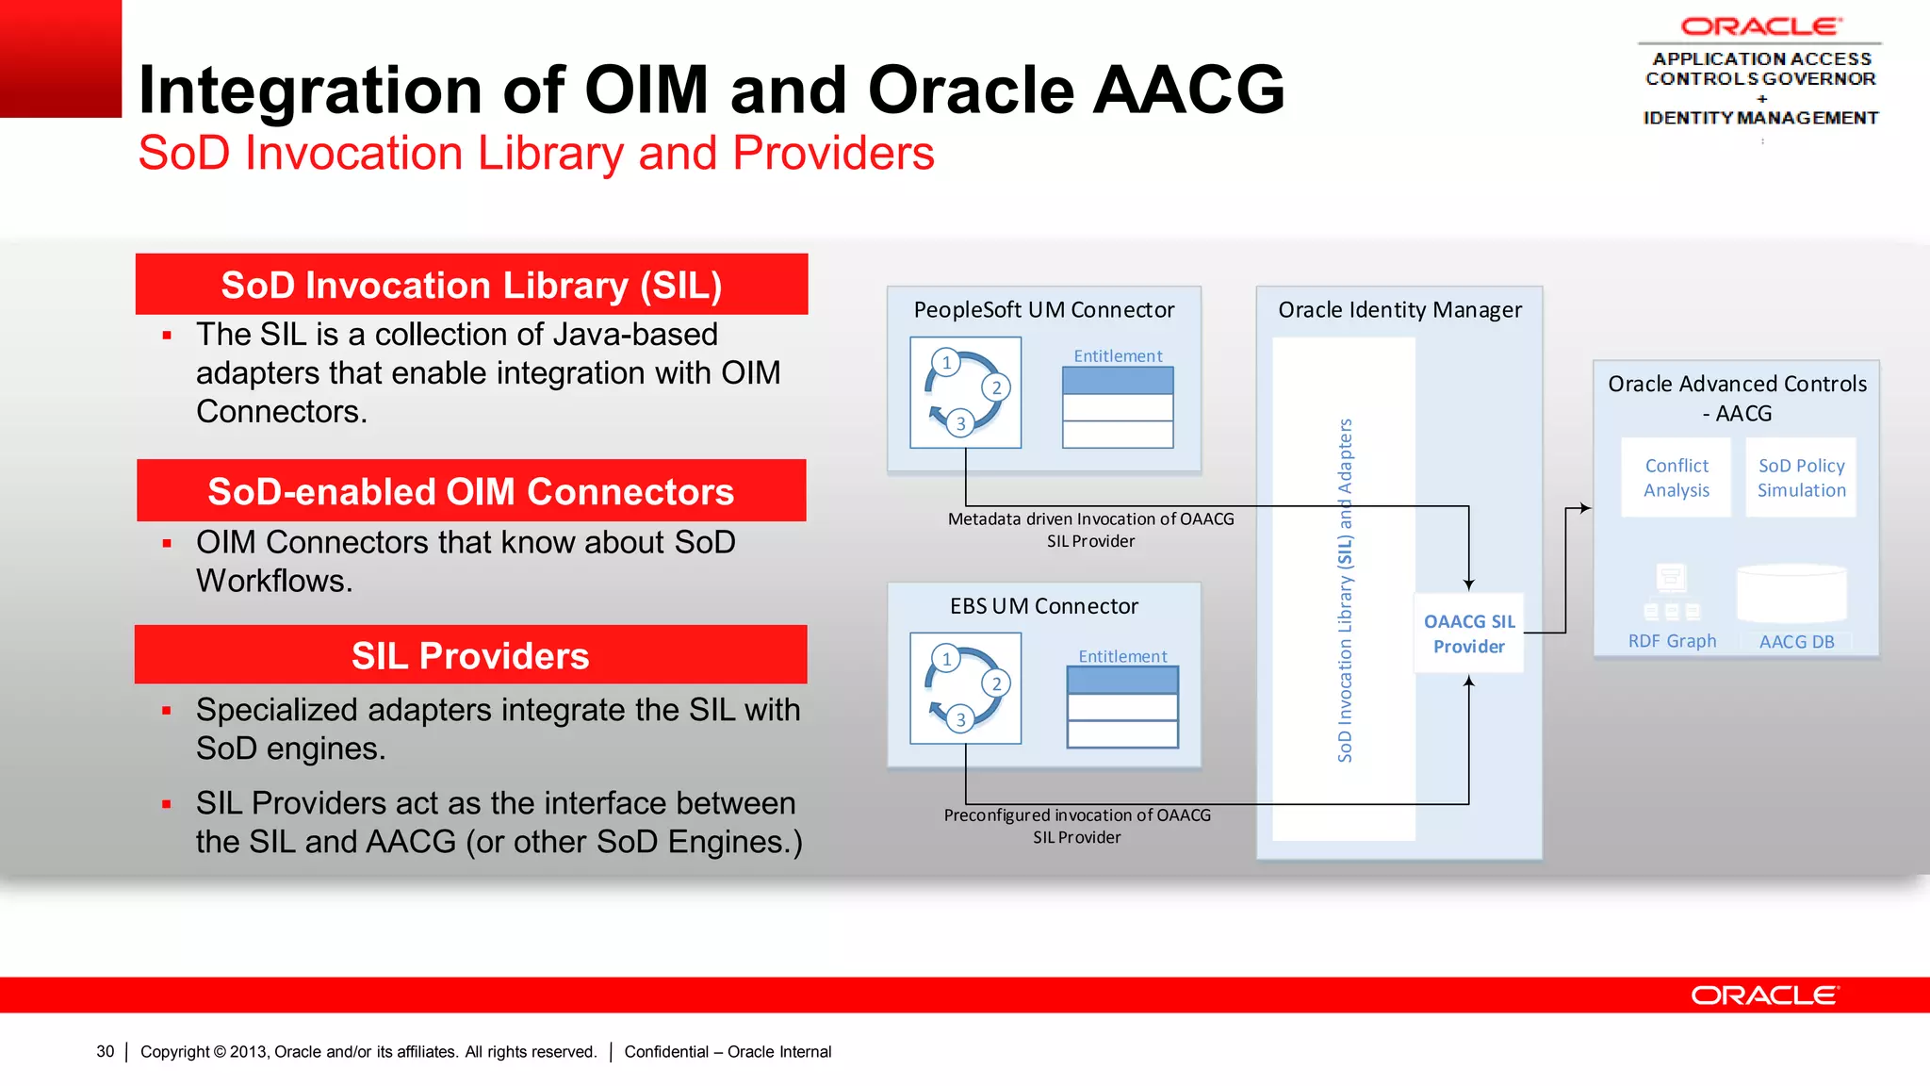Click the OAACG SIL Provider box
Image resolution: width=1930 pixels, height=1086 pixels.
click(1468, 633)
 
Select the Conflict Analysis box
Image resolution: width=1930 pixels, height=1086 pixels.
click(1676, 478)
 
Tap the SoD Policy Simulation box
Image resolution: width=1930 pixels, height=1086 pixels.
click(1801, 478)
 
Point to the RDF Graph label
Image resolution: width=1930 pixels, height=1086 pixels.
click(1672, 641)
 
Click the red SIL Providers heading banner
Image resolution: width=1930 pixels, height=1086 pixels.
click(470, 655)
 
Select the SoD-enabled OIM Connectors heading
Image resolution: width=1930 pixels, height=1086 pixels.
click(470, 491)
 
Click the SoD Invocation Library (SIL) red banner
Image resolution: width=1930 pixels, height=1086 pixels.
click(471, 285)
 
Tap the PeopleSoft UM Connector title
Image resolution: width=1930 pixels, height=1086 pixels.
click(1043, 310)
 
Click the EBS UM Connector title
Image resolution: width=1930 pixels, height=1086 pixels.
click(1043, 606)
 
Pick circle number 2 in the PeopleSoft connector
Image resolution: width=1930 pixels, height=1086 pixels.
click(996, 387)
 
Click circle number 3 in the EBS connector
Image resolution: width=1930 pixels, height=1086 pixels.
click(960, 719)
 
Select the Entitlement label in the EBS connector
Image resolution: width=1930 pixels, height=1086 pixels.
click(1121, 656)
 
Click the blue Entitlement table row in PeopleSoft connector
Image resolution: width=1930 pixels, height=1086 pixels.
click(1118, 381)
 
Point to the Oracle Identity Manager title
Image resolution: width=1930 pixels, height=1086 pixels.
click(1399, 310)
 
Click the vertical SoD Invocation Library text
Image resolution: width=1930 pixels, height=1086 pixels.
click(1345, 589)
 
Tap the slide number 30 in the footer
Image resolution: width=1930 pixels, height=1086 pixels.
click(105, 1051)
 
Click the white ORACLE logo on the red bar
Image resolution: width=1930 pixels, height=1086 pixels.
click(1763, 995)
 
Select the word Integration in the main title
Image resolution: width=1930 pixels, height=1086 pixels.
click(310, 90)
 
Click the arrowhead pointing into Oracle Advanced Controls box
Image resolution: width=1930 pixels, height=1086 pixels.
click(1586, 508)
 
